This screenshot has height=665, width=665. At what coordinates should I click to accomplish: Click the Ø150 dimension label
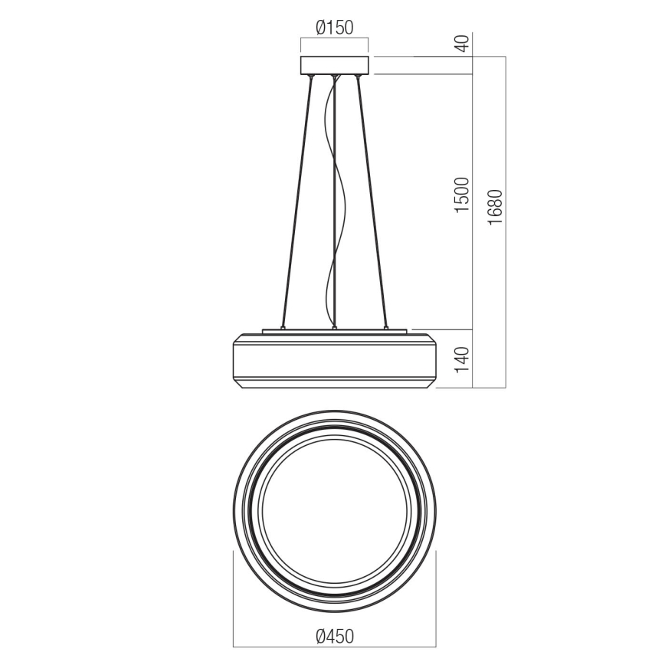pos(334,28)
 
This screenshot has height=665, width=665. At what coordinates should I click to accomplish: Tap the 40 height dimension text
pos(462,44)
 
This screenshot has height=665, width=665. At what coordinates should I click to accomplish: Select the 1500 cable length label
pos(462,195)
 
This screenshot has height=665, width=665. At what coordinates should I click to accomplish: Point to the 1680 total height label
pos(495,206)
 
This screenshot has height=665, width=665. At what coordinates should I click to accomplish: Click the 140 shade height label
pos(462,359)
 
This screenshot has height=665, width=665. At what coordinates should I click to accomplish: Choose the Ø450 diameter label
pos(335,636)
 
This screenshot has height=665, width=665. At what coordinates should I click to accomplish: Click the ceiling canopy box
pos(334,65)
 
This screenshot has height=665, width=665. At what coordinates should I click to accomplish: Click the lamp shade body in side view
pos(334,360)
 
